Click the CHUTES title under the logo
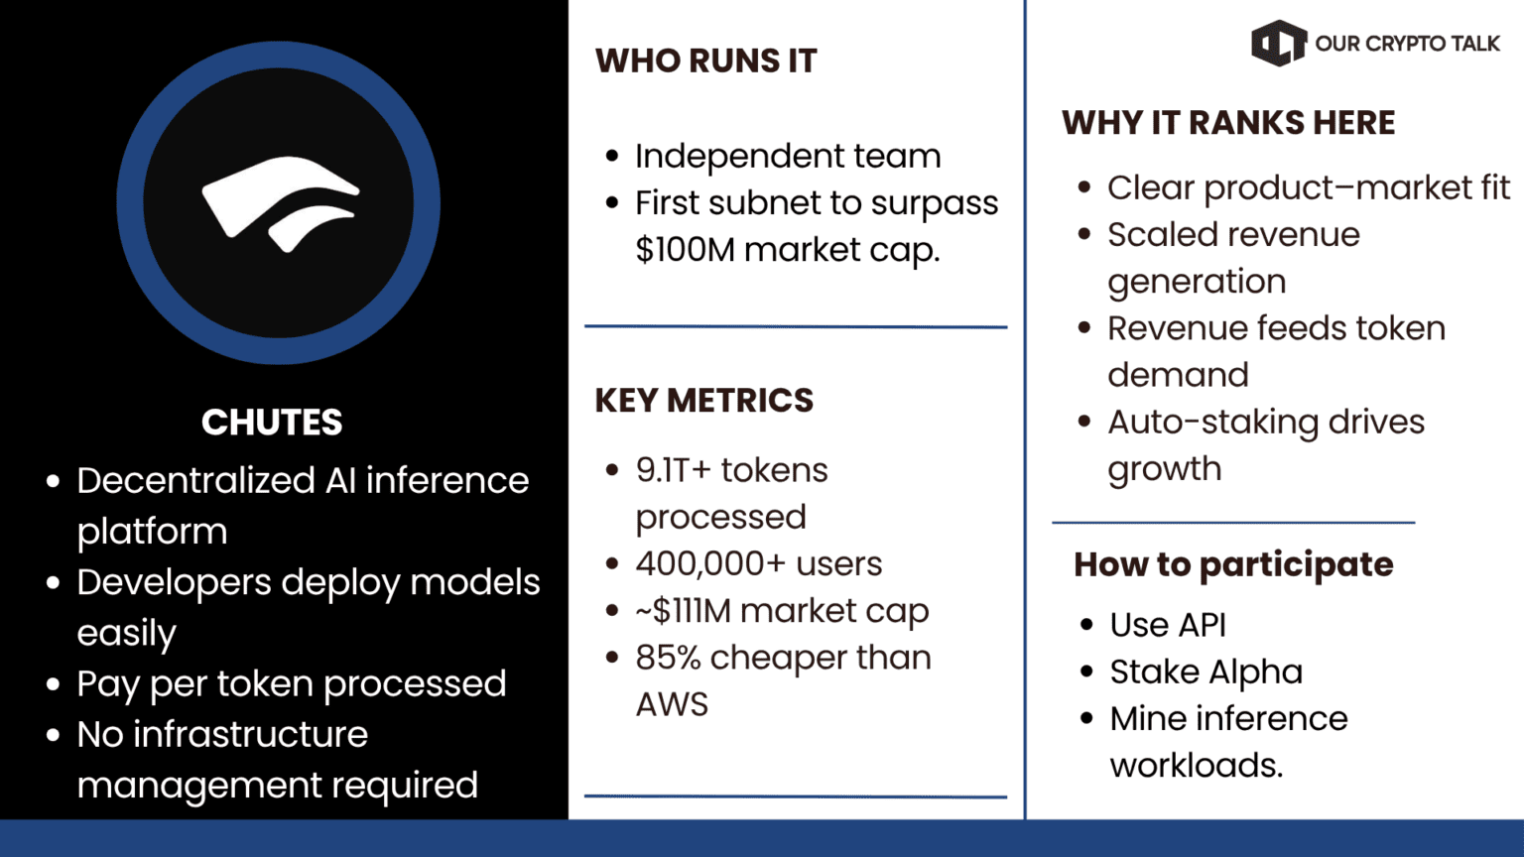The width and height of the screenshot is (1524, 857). tap(272, 423)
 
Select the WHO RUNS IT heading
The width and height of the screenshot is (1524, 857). tap(705, 61)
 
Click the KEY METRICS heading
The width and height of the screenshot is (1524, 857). tap(704, 400)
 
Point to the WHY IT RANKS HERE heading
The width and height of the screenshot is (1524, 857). tap(1228, 123)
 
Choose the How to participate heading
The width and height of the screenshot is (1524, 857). tap(1233, 564)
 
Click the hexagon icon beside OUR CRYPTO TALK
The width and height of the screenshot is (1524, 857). tap(1279, 43)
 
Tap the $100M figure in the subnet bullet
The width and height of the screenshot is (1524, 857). tap(686, 249)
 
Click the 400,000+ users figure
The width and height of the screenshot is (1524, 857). tap(759, 563)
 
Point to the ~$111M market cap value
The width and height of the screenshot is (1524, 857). tap(783, 611)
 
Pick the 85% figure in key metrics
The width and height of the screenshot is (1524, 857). tap(668, 658)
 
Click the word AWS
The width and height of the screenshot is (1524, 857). tap(672, 704)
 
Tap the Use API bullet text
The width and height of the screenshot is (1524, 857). tap(1168, 624)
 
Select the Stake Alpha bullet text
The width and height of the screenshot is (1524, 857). tap(1206, 672)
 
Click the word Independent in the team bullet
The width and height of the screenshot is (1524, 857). tap(739, 157)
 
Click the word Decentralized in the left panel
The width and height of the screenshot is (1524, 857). tap(195, 481)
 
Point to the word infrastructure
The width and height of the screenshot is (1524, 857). tap(250, 735)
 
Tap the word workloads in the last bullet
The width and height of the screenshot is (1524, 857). tap(1196, 765)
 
